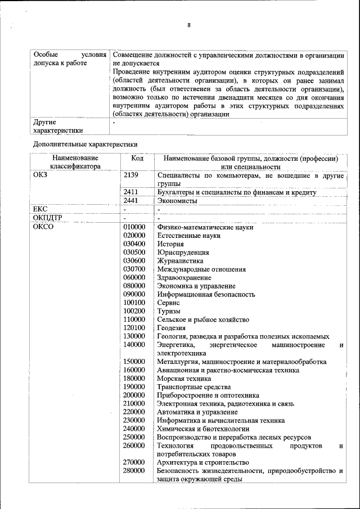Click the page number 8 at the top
point(188,25)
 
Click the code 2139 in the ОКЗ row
point(130,175)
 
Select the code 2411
point(130,192)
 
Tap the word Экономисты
point(177,201)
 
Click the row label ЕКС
point(42,209)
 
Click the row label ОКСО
point(43,227)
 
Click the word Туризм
point(169,311)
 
